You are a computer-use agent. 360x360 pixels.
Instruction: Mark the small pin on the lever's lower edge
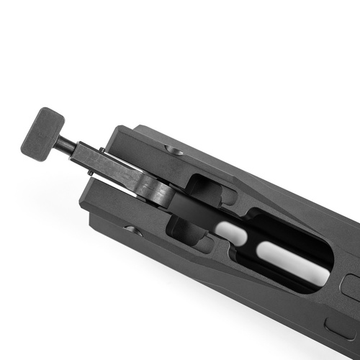coord(90,172)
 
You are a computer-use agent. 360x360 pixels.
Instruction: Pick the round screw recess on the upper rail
coord(173,149)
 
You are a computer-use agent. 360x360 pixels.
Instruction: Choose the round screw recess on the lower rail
coord(134,230)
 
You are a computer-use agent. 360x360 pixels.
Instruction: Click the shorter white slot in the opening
coord(229,232)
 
